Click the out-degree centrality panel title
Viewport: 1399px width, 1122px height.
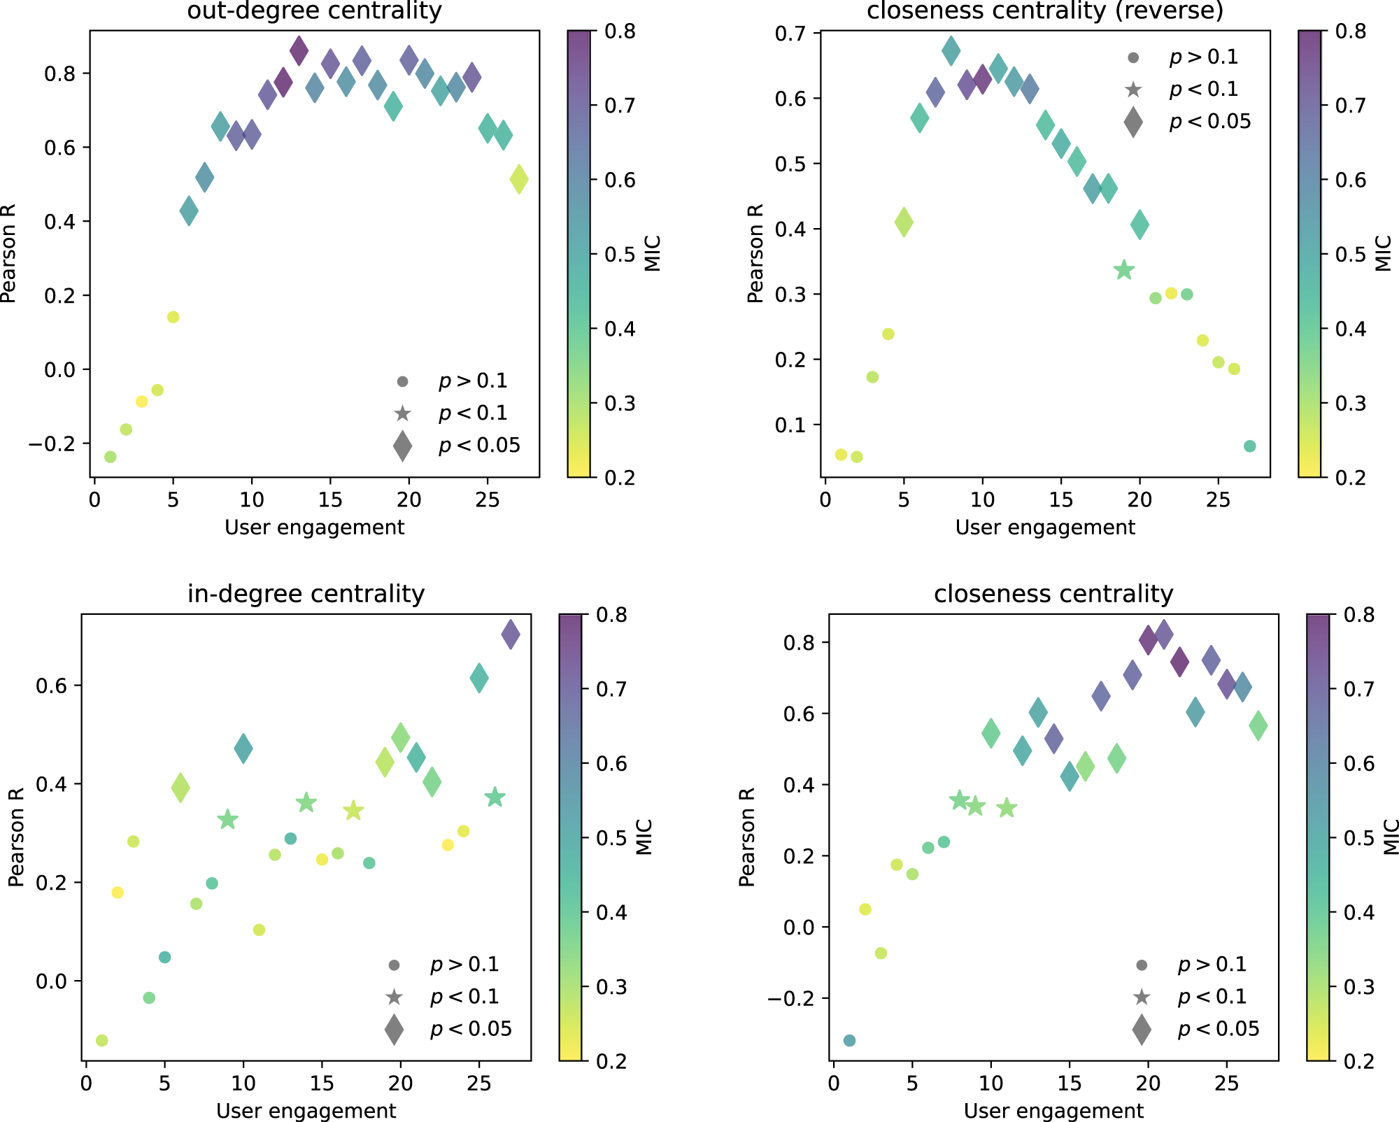click(x=314, y=11)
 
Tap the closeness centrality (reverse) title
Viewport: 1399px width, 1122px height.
click(x=1045, y=11)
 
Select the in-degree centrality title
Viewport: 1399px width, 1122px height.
click(x=306, y=594)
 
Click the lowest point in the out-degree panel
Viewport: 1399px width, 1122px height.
click(x=110, y=457)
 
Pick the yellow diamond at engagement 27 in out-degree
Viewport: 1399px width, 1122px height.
click(x=519, y=179)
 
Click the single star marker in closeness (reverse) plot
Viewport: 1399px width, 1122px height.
click(x=1124, y=270)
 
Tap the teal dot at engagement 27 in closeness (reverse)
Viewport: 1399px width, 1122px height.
click(x=1250, y=446)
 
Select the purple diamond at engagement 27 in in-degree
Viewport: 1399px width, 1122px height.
click(x=511, y=634)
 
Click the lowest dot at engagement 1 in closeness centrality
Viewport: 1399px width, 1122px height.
click(x=849, y=1040)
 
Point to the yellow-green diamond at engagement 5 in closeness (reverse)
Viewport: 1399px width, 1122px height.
click(x=904, y=222)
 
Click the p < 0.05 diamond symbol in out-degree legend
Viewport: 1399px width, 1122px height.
click(x=402, y=446)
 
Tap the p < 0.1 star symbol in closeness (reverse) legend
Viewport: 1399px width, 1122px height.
click(x=1133, y=90)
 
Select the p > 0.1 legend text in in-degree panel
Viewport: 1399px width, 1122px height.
click(x=464, y=965)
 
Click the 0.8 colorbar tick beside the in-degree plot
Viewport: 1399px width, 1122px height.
click(x=611, y=615)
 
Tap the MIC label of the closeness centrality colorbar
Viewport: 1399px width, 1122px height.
click(x=1391, y=837)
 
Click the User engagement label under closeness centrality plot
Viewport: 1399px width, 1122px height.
click(x=1053, y=1111)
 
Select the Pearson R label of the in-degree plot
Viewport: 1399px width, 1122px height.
click(x=16, y=837)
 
